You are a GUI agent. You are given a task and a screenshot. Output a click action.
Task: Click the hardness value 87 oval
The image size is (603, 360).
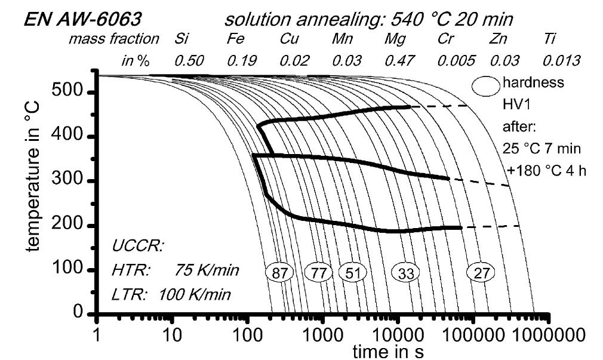click(x=279, y=273)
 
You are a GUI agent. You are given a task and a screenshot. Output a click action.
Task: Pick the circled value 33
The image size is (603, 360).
click(x=405, y=273)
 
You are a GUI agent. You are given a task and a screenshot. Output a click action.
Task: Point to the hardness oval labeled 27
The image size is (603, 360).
click(x=480, y=273)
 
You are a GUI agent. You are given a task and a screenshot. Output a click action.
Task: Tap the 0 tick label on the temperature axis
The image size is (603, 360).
click(x=78, y=313)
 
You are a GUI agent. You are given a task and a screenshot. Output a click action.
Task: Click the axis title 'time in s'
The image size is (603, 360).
click(x=389, y=350)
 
